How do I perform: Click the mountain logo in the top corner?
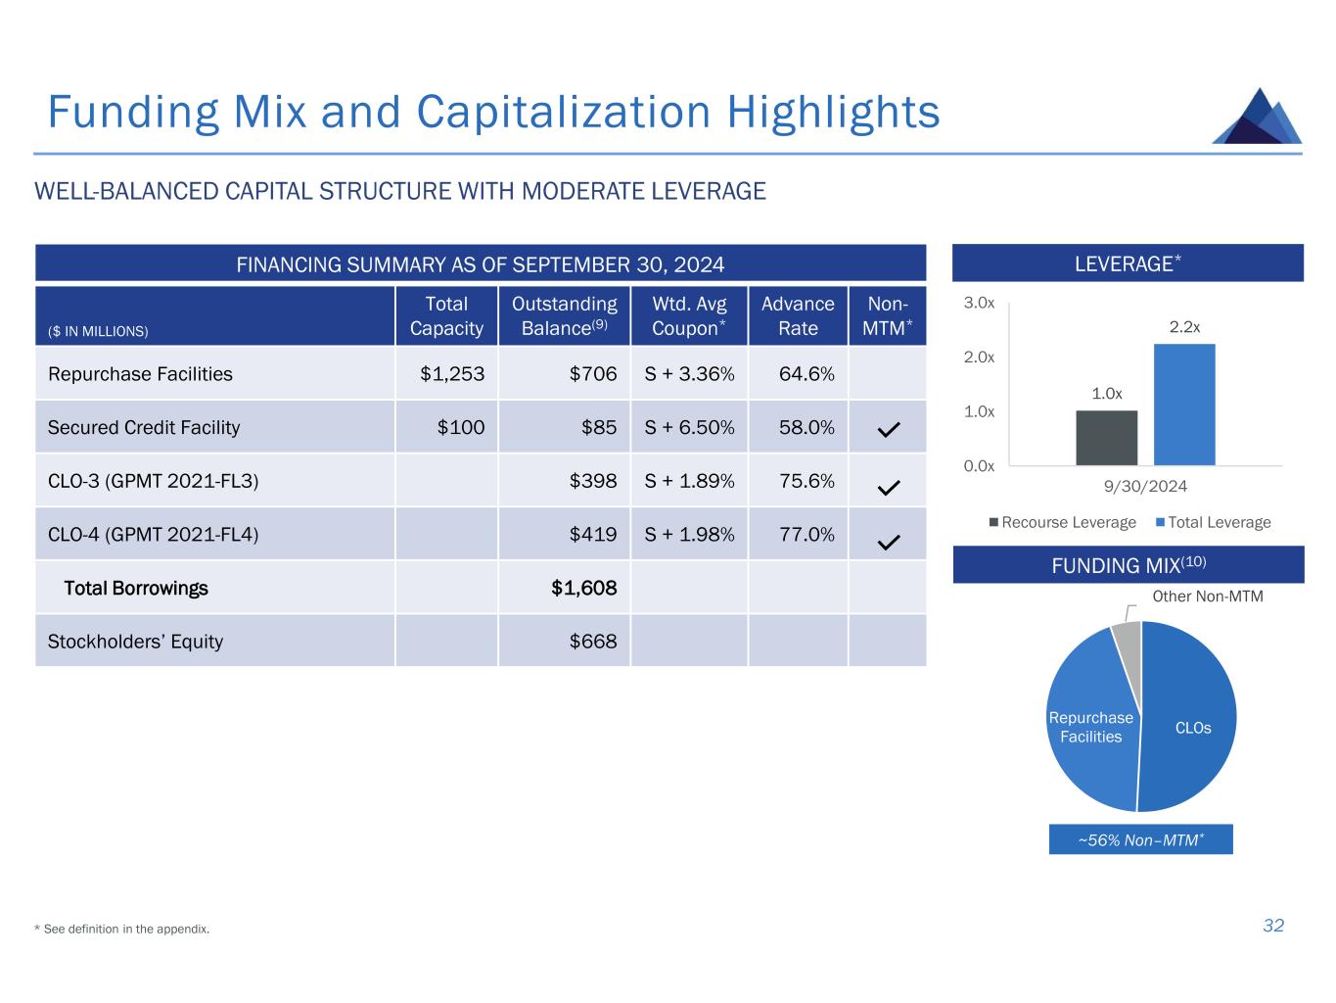[1257, 117]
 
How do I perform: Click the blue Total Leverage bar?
[1184, 404]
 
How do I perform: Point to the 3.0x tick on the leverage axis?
[979, 304]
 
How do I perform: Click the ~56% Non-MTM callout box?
[1140, 839]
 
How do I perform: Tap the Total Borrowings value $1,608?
[584, 588]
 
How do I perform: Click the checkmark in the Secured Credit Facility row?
[889, 429]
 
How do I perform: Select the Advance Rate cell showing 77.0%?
[806, 534]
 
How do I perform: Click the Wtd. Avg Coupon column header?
[689, 315]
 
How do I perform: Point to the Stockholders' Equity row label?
[135, 642]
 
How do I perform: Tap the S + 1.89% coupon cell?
[689, 481]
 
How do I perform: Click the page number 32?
[1272, 926]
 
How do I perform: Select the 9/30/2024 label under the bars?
[1144, 486]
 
